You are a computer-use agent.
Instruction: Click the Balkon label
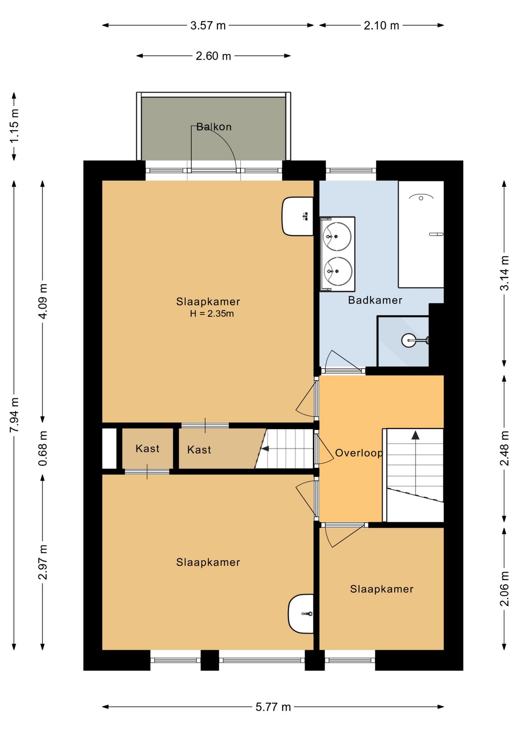tap(214, 127)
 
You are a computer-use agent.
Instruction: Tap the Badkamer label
tap(375, 300)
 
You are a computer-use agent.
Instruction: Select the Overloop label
tap(359, 453)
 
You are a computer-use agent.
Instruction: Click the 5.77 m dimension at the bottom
tap(273, 707)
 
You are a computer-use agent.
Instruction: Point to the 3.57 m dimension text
tap(208, 26)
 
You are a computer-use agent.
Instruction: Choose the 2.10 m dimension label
tap(381, 26)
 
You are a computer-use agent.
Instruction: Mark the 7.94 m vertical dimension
tap(14, 415)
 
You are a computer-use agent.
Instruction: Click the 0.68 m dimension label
tap(43, 448)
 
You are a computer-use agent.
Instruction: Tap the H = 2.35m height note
tap(212, 314)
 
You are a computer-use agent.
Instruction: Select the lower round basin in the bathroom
tap(338, 271)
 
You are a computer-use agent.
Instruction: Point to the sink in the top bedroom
tap(298, 216)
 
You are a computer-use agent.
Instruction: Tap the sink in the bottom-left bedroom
tap(301, 614)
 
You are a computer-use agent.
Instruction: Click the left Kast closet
tap(147, 448)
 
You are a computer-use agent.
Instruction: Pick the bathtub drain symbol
tap(421, 198)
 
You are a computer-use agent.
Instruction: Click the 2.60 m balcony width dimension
tap(213, 56)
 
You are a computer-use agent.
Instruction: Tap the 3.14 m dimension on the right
tap(504, 273)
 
